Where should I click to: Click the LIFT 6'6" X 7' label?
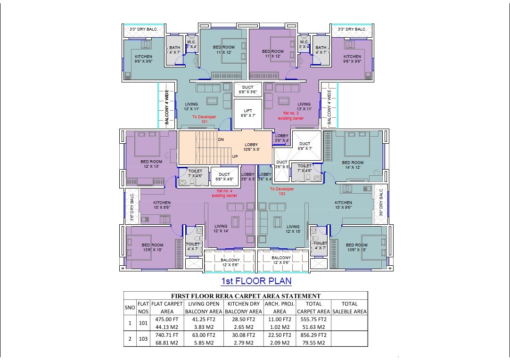pos(248,113)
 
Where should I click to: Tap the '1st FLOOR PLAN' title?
pos(256,281)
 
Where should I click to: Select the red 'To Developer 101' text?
pos(204,119)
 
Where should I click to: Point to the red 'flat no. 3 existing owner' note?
pos(291,116)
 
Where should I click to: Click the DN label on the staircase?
pos(221,139)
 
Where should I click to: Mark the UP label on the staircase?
pos(235,156)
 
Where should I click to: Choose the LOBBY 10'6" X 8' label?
pos(251,147)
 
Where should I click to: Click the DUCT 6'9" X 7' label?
pos(305,146)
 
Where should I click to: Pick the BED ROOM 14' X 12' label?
pos(353,165)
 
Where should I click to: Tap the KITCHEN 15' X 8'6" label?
pos(162,205)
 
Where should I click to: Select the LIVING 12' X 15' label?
pos(293,229)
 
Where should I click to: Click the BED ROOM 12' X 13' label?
pos(151,164)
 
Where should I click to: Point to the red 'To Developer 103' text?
pos(282,191)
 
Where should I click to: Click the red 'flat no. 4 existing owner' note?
pos(224,193)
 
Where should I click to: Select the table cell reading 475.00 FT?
pos(167,319)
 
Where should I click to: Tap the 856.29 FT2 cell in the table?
pos(313,335)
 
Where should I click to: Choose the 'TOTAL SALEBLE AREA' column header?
pos(349,308)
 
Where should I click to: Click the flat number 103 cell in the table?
pos(143,339)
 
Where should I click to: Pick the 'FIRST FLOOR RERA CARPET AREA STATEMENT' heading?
pos(246,296)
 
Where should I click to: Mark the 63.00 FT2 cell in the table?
pos(204,335)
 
